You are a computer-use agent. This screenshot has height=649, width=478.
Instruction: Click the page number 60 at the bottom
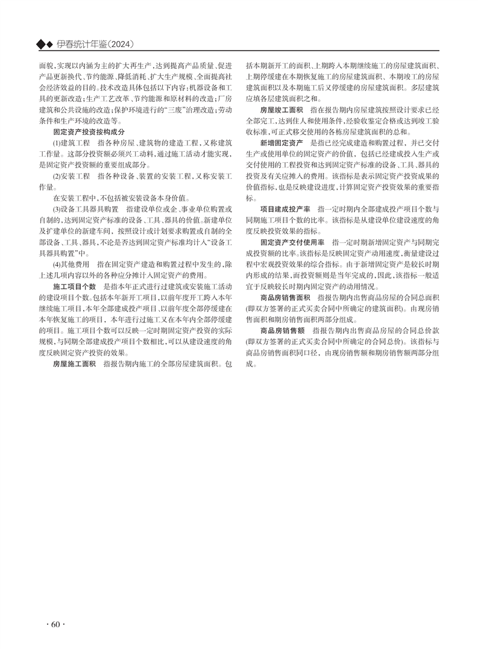coord(54,624)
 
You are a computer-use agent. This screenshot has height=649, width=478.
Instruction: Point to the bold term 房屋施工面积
coord(75,365)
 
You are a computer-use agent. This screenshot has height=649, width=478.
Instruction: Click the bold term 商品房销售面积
coord(285,298)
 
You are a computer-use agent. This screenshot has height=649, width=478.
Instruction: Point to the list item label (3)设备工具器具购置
coord(85,209)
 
